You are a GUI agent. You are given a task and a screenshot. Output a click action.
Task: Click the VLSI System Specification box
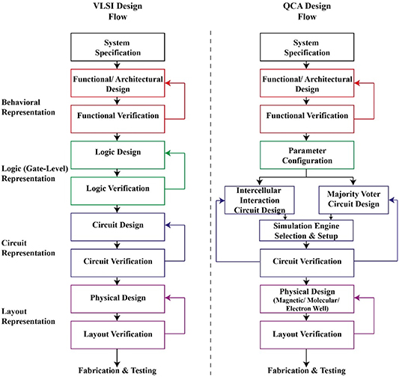(x=116, y=48)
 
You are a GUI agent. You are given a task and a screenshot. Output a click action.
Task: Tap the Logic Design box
(x=116, y=153)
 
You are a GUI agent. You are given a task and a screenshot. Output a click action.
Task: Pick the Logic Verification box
(x=116, y=188)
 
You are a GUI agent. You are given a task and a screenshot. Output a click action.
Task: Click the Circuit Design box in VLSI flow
(x=116, y=224)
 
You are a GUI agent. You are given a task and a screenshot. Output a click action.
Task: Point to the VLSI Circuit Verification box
(x=116, y=262)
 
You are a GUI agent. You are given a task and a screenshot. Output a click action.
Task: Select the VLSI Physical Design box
(x=116, y=297)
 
